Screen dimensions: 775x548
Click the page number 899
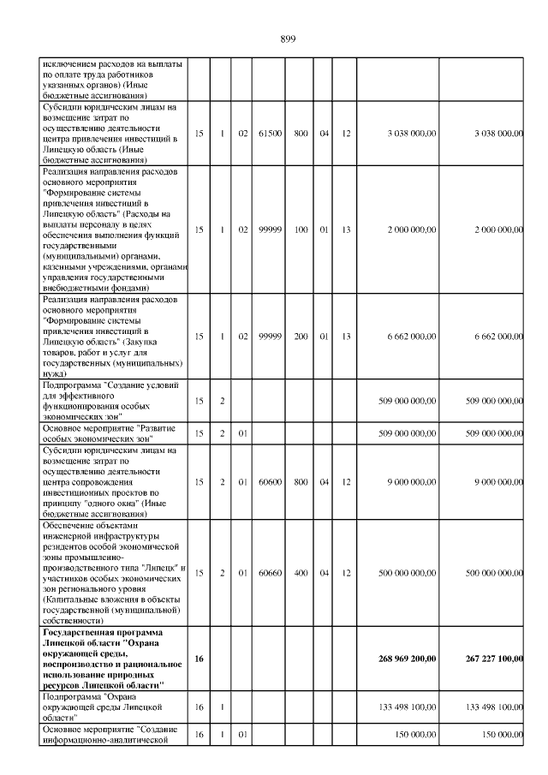[288, 38]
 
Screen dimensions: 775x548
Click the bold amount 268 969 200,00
[407, 658]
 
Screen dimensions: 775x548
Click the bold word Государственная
[78, 631]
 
